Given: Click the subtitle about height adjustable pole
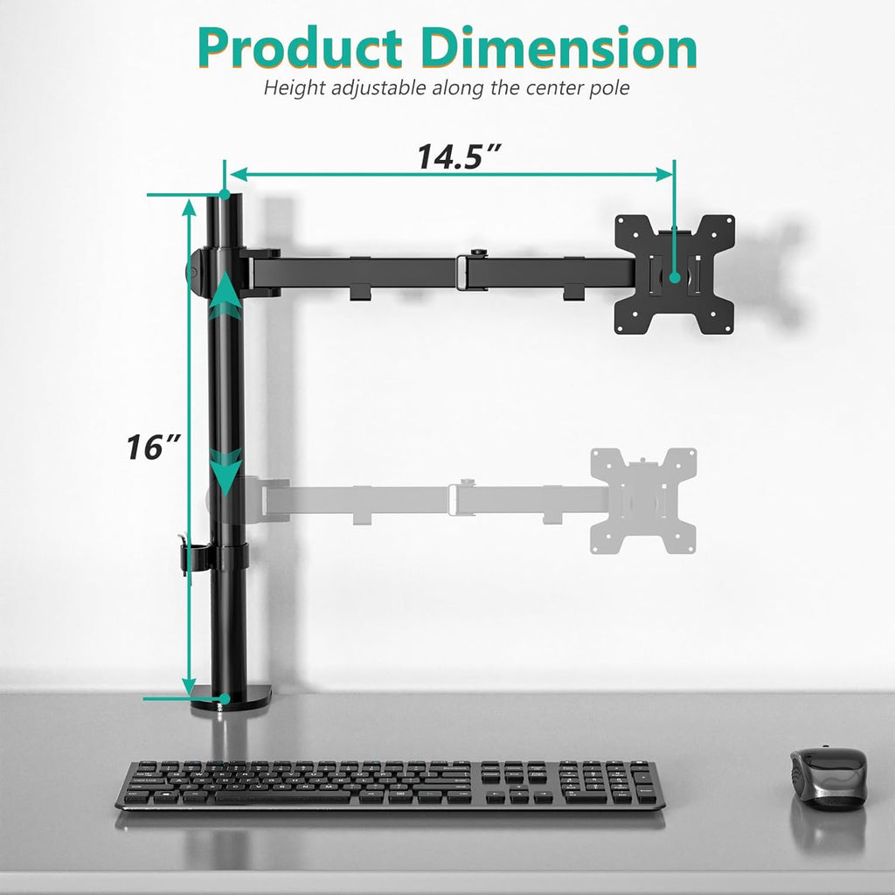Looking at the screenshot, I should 447,87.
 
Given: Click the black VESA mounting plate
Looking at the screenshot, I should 674,274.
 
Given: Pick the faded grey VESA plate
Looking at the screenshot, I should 643,500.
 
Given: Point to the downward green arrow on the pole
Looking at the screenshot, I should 226,472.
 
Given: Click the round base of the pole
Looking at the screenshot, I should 231,699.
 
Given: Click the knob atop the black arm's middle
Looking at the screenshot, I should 476,254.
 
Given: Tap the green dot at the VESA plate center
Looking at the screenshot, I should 675,277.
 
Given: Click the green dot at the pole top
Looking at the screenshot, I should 225,193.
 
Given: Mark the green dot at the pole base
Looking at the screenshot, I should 225,698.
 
